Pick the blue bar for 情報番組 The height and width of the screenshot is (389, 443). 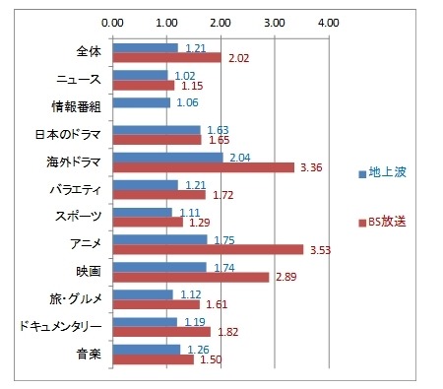(142, 101)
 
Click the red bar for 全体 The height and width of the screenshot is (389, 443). (166, 57)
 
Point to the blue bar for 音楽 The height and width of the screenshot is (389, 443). (147, 349)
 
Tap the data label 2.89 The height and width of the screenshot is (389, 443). (285, 280)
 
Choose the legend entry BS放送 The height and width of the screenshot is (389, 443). (387, 223)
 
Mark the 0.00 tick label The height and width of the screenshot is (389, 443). (113, 20)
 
